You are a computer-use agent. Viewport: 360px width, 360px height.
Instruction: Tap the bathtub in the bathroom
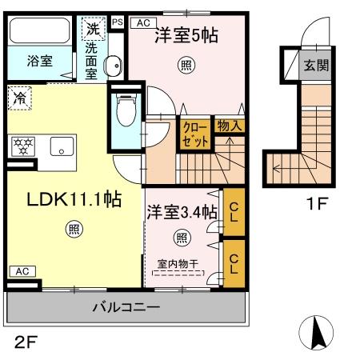pyautogui.click(x=41, y=31)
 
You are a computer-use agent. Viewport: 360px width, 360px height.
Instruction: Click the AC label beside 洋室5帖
pyautogui.click(x=143, y=23)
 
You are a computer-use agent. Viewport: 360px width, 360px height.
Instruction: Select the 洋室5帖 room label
pyautogui.click(x=186, y=34)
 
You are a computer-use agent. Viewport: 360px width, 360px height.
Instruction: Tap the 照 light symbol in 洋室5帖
pyautogui.click(x=186, y=66)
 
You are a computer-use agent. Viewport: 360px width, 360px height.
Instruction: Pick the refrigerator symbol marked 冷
pyautogui.click(x=18, y=99)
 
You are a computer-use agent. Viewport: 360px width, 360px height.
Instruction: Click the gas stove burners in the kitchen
pyautogui.click(x=22, y=146)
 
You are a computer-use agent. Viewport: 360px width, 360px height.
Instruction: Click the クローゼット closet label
pyautogui.click(x=194, y=134)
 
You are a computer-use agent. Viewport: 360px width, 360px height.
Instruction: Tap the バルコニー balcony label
pyautogui.click(x=126, y=306)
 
